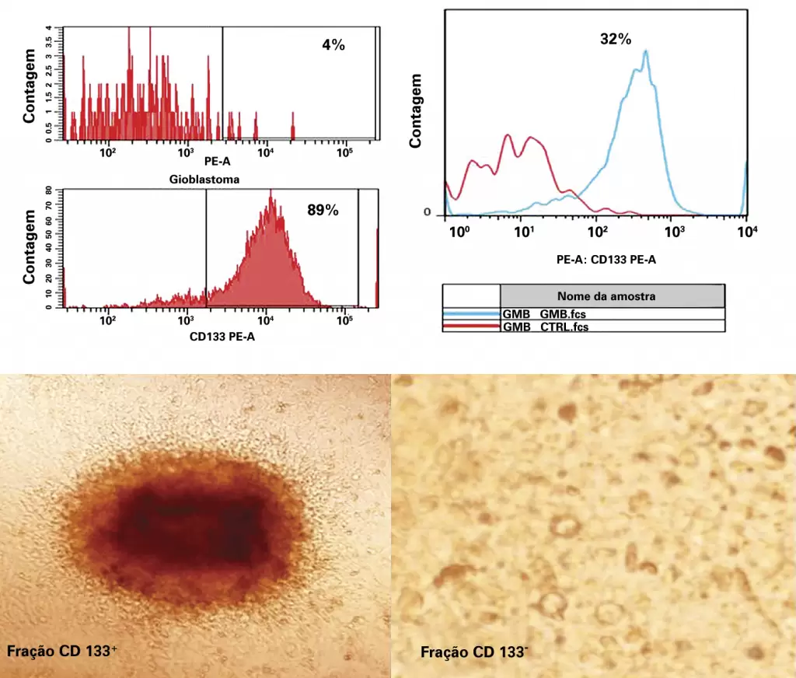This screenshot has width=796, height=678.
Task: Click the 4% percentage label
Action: click(x=333, y=45)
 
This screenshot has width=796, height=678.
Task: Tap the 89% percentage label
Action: click(x=323, y=209)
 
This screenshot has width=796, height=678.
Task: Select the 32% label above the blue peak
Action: click(x=616, y=39)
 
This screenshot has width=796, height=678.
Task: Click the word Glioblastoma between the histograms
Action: click(x=204, y=180)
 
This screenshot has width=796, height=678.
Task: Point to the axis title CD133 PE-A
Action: click(x=222, y=337)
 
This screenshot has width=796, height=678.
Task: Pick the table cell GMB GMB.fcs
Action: click(x=544, y=314)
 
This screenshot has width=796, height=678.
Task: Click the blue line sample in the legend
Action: click(x=471, y=314)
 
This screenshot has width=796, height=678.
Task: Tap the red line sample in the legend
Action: click(x=471, y=327)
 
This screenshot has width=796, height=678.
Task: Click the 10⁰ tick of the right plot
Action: click(x=460, y=232)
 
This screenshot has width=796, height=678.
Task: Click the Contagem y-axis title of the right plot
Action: click(x=416, y=111)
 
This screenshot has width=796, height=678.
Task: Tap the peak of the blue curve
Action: click(x=645, y=51)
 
